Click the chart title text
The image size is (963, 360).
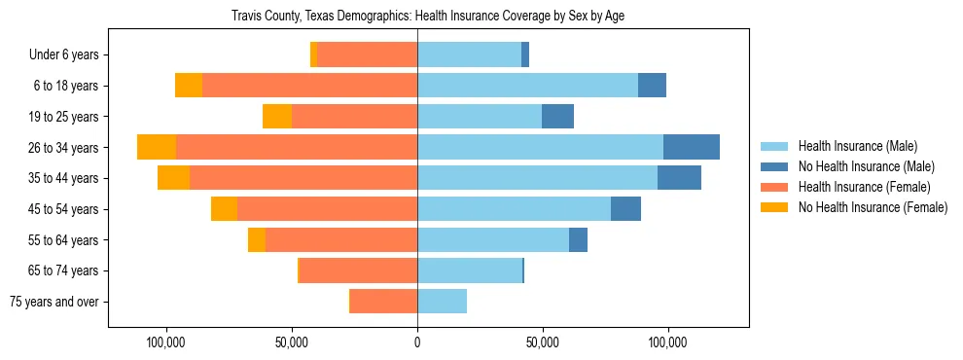[427, 17]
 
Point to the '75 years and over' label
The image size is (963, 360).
[54, 302]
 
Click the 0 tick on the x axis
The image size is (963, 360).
[417, 342]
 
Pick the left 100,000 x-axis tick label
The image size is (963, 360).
[166, 342]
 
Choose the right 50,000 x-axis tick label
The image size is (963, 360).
[542, 342]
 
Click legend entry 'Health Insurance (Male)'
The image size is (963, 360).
[858, 146]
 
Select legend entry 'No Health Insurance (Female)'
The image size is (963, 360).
[873, 207]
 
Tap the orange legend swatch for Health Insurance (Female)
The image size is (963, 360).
[774, 187]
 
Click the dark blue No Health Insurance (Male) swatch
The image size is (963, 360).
[774, 166]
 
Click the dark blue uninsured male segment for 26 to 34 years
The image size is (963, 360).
[692, 147]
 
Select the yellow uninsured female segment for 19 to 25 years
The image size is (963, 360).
[277, 117]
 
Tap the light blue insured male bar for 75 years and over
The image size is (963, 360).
[442, 302]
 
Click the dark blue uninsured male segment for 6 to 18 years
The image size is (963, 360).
[652, 86]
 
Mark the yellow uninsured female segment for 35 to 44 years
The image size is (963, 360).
[173, 178]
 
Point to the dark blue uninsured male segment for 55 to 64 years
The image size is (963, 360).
[578, 239]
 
